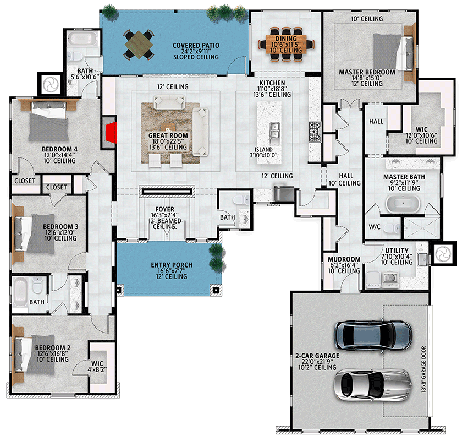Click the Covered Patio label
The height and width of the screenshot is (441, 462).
[195, 46]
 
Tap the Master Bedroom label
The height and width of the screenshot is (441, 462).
[367, 72]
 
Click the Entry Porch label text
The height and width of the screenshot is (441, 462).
[172, 265]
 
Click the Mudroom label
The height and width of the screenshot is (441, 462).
[344, 260]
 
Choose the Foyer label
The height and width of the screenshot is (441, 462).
[164, 209]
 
